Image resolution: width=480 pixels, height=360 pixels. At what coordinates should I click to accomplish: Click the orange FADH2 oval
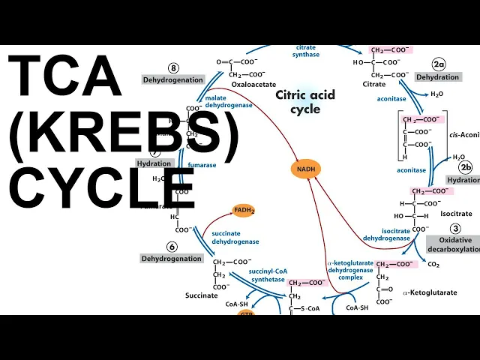[243, 211]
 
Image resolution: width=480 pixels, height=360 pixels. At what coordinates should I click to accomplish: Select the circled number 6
[172, 246]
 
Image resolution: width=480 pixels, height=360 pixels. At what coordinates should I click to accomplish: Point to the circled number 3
[454, 229]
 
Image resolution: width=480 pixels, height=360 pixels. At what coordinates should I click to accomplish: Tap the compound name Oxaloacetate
[250, 85]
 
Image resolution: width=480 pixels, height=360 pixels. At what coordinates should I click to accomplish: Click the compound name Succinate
[202, 295]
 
